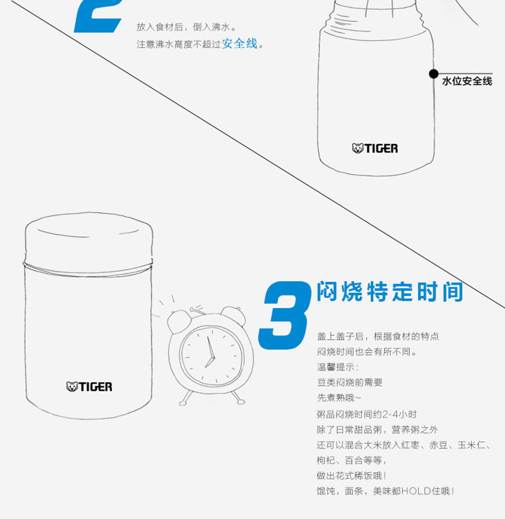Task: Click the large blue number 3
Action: [285, 315]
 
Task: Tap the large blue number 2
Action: [98, 16]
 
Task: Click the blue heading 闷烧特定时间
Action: [390, 292]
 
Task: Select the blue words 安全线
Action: [240, 44]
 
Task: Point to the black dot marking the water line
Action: [434, 74]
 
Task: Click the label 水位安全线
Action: [467, 81]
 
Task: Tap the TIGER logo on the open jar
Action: [375, 148]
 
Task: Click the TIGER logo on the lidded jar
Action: [89, 386]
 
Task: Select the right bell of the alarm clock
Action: [234, 316]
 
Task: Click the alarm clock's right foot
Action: [238, 398]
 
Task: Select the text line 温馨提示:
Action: [338, 367]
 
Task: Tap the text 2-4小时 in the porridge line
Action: [400, 414]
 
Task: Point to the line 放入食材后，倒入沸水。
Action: [187, 27]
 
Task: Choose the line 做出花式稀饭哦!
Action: [352, 475]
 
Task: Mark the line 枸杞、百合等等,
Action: [352, 460]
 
